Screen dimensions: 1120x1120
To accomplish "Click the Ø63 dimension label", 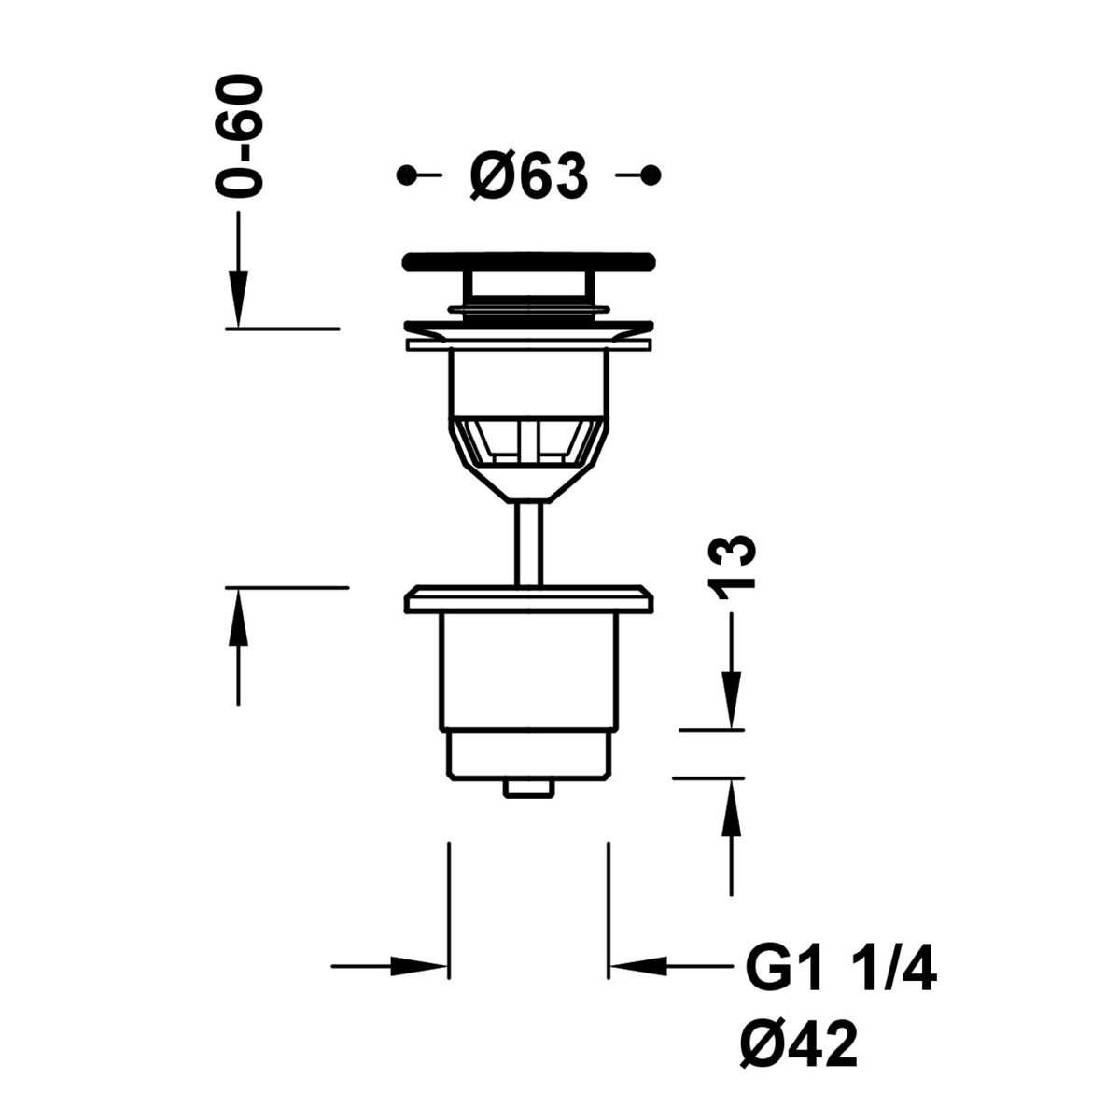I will tap(529, 175).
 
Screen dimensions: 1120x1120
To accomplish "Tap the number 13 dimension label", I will tap(731, 567).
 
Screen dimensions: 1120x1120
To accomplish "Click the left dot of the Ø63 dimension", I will tap(406, 175).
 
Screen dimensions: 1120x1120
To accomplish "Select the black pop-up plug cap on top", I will tap(529, 261).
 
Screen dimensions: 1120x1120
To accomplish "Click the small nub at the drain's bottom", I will tap(529, 789).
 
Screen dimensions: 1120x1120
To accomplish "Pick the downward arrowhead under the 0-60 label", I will tap(239, 299).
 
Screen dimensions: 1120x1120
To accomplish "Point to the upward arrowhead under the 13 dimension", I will tap(731, 806).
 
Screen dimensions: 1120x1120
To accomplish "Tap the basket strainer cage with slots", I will tap(529, 442).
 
